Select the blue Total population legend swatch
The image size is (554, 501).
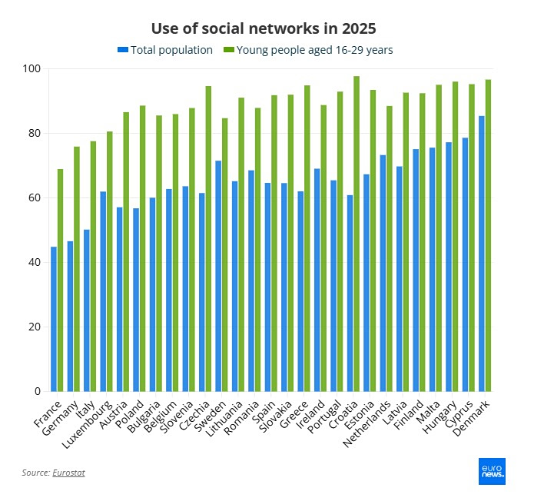(122, 51)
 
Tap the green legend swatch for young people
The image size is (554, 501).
(228, 51)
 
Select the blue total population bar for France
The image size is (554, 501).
(54, 319)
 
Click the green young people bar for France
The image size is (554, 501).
(61, 280)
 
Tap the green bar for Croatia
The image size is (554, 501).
(357, 234)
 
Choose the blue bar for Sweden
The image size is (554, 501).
(218, 276)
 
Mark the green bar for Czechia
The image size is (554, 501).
(208, 238)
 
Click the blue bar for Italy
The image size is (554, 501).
(87, 310)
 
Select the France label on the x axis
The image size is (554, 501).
(46, 413)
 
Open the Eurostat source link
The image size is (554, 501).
(68, 473)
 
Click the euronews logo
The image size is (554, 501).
(491, 471)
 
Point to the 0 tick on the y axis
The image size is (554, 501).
(36, 391)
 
